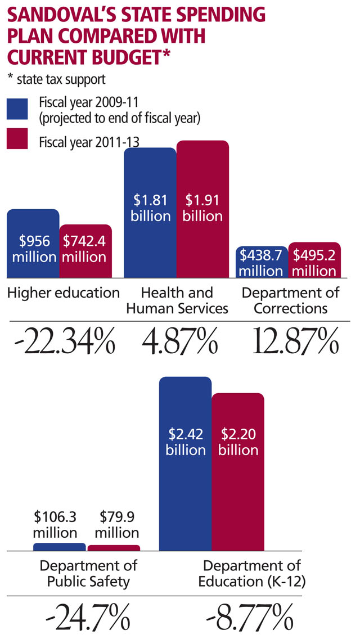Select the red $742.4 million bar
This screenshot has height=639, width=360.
85,251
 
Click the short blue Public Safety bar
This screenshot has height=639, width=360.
60,547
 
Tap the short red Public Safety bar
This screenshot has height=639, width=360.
114,548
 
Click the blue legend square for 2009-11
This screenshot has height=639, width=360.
17,109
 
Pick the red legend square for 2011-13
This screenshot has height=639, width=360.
17,139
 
